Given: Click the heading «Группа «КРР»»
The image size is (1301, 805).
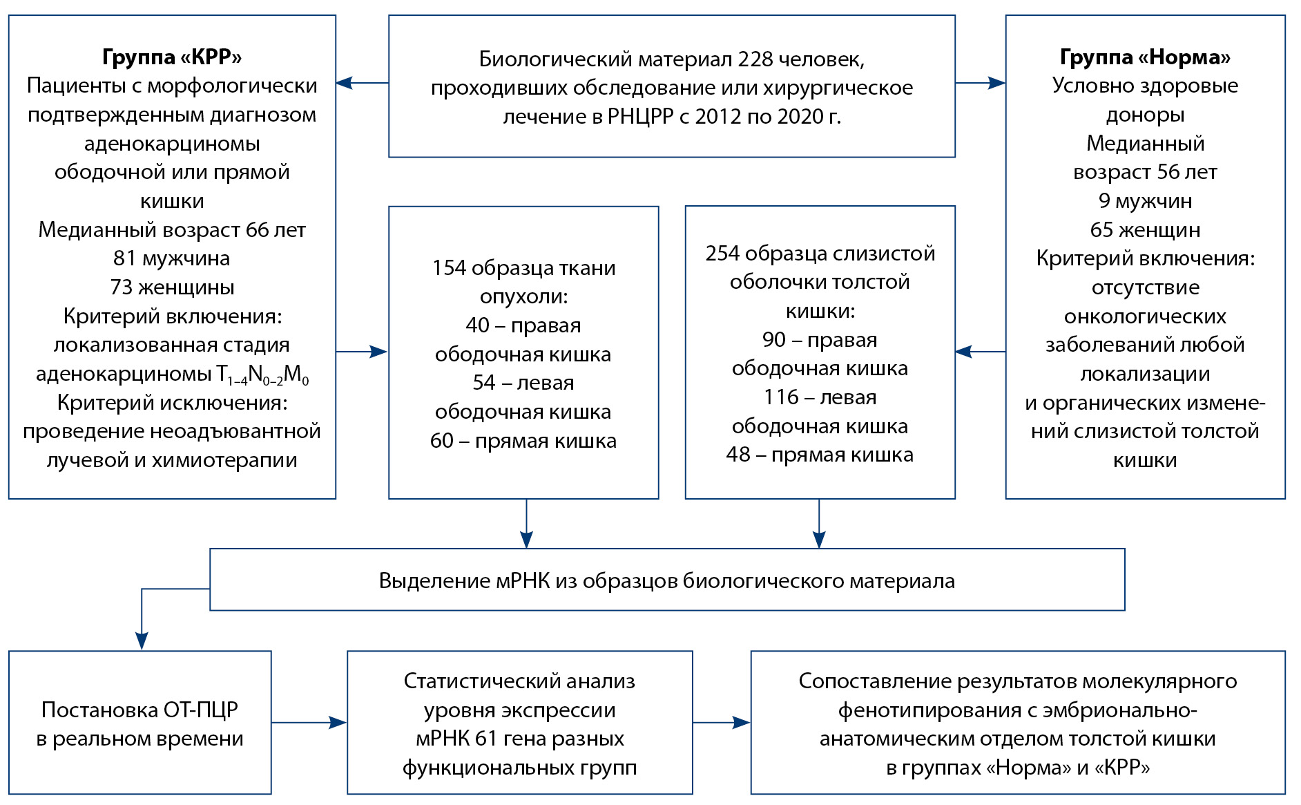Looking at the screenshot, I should pos(172,57).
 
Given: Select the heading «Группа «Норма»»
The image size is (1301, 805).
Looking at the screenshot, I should pos(1145,57).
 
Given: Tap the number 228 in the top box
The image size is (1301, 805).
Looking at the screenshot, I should pos(755,59).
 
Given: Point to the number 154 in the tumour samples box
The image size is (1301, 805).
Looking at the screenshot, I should pos(450,268).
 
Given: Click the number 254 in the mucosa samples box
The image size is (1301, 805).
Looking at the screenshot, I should pos(722,254).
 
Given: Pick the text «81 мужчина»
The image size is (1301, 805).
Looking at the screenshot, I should pos(172,258).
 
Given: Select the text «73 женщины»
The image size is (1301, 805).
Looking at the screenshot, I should pos(172,287).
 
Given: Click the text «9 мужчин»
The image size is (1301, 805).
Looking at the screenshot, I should pos(1145,201).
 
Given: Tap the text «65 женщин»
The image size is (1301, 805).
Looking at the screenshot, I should pos(1145,230).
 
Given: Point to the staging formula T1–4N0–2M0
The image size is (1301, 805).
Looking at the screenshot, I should pos(262,375).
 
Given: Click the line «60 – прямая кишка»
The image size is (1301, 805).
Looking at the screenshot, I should pos(523,441).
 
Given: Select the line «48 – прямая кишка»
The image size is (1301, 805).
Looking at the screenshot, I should pos(820,455).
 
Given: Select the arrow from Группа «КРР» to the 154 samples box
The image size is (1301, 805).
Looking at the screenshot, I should pos(362,352).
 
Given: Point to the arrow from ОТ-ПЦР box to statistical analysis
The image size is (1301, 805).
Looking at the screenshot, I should pos(309,723).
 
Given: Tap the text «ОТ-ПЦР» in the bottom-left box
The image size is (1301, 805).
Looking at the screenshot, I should pos(200,710).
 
